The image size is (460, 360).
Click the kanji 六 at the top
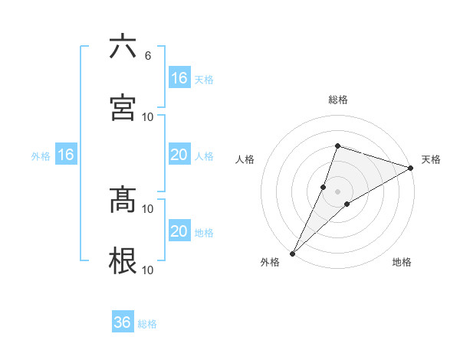coord(123,47)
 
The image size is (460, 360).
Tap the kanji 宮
coord(123,107)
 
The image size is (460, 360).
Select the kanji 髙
coord(123,200)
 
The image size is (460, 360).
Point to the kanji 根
coord(123,261)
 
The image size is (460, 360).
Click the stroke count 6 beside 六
coord(147,55)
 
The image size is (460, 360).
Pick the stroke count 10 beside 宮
coord(148,116)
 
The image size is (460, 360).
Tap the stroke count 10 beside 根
coord(148,270)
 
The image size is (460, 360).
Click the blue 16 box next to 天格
coord(179,78)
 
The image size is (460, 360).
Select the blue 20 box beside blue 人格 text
coord(179,155)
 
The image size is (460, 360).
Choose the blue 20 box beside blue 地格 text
coord(179,231)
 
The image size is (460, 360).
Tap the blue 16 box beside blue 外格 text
coord(66,155)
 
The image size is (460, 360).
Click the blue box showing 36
coord(123,322)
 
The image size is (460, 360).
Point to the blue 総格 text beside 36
coord(147,324)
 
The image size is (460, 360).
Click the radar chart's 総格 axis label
coord(337,100)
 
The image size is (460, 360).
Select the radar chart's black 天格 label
coord(431,159)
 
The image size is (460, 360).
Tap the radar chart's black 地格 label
coord(402,263)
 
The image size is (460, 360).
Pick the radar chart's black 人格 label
coord(245,159)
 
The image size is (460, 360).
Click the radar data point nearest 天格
coord(411,168)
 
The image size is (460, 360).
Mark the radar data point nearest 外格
coord(292,253)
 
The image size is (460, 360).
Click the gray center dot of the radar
coord(337,191)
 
